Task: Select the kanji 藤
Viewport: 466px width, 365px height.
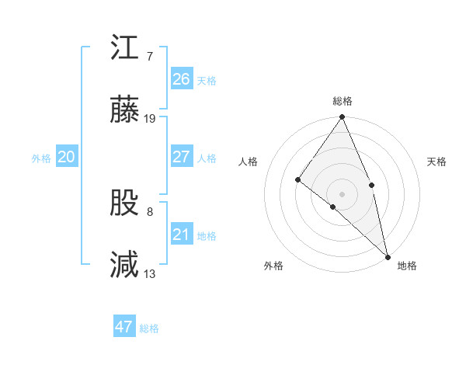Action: (125, 110)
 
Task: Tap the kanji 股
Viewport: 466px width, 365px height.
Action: (125, 203)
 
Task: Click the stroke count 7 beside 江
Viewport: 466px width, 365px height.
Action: (149, 56)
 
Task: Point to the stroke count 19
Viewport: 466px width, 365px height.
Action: (150, 119)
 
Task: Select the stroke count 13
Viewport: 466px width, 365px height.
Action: (150, 273)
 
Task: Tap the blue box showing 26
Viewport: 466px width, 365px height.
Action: (181, 79)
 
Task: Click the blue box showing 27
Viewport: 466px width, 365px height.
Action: (181, 157)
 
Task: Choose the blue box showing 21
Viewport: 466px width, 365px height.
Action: (181, 235)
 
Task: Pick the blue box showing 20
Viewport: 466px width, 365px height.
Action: (66, 157)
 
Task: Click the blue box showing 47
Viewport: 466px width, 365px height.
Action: (124, 327)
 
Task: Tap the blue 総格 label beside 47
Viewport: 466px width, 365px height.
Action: (150, 328)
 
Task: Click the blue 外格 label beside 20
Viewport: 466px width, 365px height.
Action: (41, 158)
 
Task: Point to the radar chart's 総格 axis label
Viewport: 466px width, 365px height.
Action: (343, 101)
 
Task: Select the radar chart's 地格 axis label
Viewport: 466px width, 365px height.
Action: (407, 266)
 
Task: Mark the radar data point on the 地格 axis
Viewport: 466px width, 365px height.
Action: (388, 255)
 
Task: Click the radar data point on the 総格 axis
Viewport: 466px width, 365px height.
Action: (342, 118)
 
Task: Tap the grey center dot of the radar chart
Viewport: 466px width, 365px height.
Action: (342, 193)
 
